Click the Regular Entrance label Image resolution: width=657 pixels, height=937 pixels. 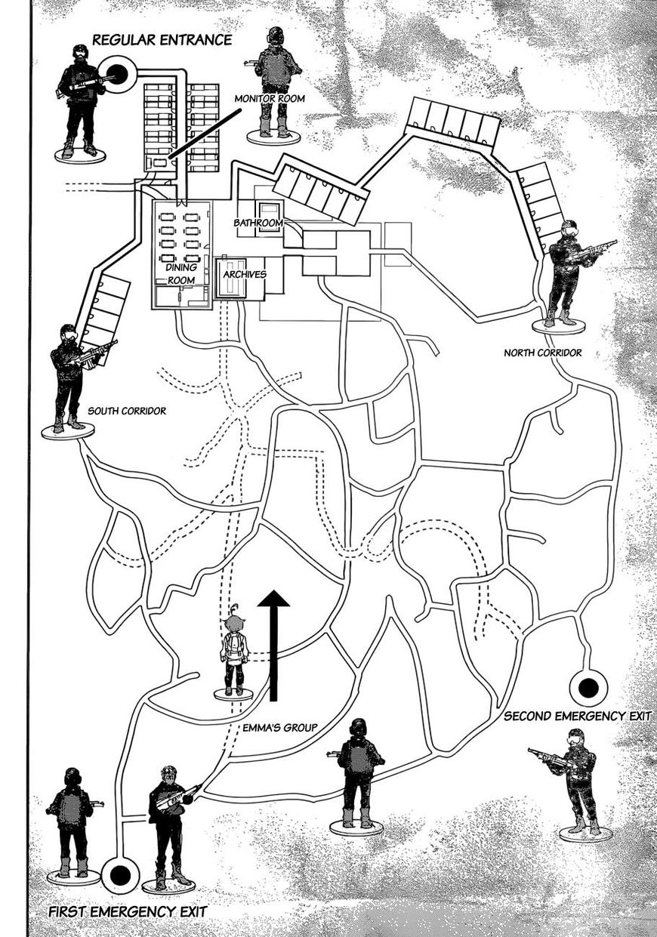click(x=162, y=40)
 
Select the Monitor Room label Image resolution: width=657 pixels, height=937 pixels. click(x=270, y=99)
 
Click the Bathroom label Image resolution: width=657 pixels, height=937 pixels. click(x=258, y=223)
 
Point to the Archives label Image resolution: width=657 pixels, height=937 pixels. click(x=245, y=274)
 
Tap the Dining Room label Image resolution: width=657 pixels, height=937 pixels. click(x=181, y=273)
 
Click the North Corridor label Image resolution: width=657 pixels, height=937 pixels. click(x=543, y=353)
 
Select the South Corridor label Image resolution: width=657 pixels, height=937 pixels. click(x=127, y=411)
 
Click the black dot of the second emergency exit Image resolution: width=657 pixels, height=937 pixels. click(x=588, y=688)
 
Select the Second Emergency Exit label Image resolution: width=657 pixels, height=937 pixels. click(x=578, y=716)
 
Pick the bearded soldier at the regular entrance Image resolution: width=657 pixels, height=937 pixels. click(x=82, y=103)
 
